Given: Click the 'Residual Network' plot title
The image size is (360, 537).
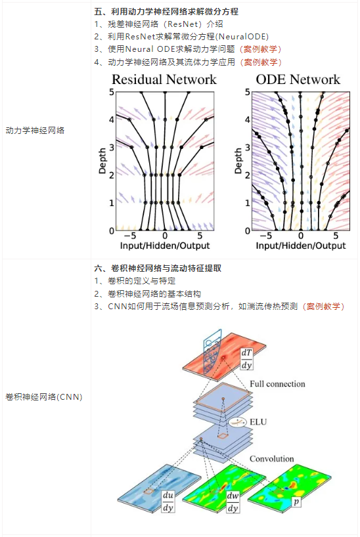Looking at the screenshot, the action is point(164,79).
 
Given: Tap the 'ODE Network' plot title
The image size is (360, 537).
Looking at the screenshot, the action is point(298,79).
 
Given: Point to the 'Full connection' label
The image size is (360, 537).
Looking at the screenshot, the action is point(277,384).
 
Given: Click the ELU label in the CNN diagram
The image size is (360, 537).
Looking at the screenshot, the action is point(258,421).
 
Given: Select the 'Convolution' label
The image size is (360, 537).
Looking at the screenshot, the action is point(271,459).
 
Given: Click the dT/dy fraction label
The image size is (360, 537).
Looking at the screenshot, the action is point(246,359).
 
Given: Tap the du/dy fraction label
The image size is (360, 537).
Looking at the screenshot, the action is point(168,502).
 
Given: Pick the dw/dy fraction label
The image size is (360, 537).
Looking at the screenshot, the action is point(233,502).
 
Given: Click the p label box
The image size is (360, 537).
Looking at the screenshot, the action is point(296,502).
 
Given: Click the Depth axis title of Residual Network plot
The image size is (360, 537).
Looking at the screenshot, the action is point(102,161).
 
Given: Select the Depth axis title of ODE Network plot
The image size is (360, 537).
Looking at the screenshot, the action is point(238,161).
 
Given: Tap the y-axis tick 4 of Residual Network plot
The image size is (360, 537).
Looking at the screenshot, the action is point(112,120).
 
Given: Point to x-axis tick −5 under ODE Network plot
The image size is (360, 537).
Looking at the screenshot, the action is point(265,236).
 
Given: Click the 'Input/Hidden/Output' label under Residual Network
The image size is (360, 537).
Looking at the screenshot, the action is point(165,246).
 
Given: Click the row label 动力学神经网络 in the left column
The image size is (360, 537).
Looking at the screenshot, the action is point(35,130).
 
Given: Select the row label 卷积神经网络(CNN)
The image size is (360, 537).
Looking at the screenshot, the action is point(44,397).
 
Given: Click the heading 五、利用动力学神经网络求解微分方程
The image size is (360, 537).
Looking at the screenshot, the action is point(166,12).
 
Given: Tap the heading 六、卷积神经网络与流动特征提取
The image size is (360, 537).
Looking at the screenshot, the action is point(158,268).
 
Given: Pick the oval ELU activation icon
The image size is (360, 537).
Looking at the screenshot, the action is point(238,422).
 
